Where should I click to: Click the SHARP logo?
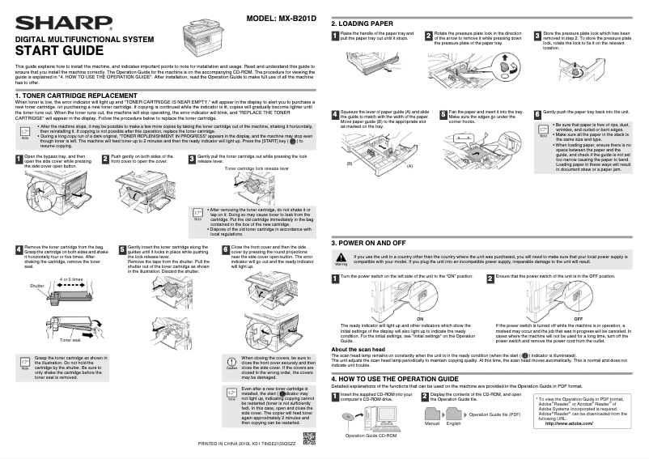[49, 22]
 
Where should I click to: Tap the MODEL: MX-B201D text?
[282, 19]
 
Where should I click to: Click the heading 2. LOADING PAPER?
[363, 23]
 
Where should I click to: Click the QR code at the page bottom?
[308, 440]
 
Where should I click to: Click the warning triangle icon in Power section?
[341, 258]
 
